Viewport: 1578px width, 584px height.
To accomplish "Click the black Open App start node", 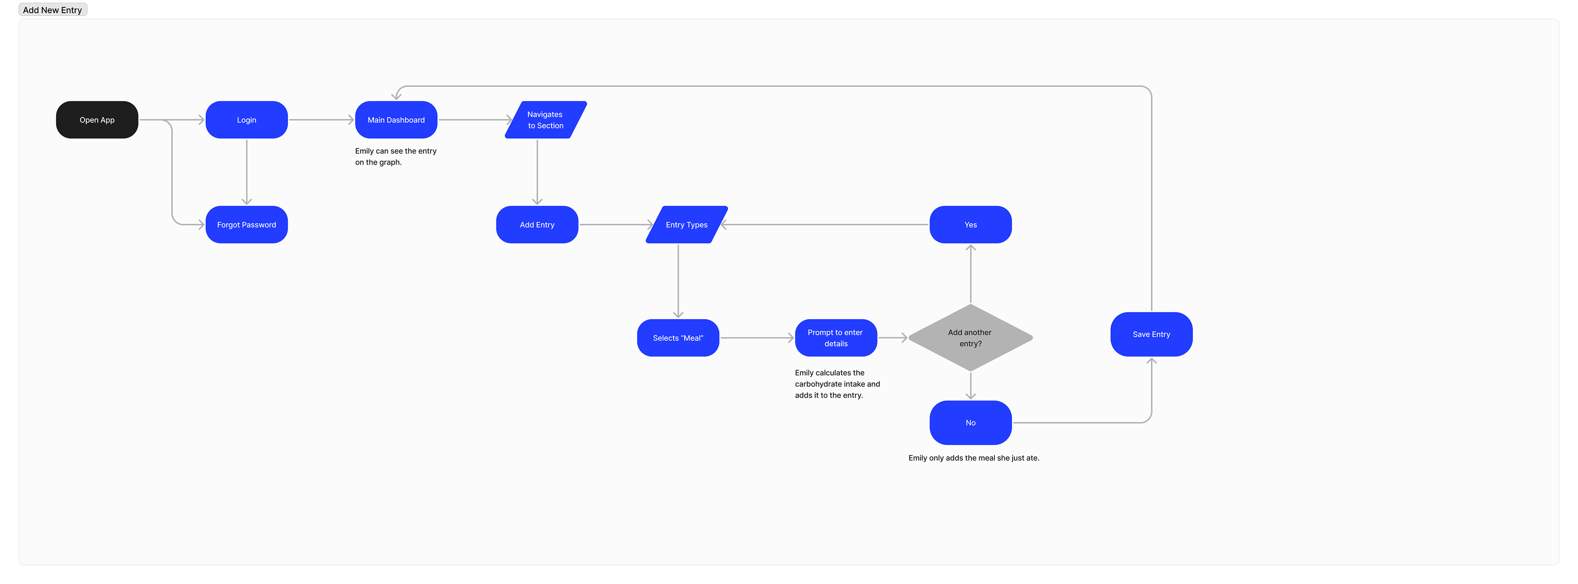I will (97, 120).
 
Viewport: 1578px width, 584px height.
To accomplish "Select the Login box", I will (246, 120).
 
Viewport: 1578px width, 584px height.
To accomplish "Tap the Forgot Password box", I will (246, 225).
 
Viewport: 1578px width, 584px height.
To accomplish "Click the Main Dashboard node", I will (396, 120).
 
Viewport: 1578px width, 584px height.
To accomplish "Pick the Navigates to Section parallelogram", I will (545, 120).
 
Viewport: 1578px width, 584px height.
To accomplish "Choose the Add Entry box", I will (537, 225).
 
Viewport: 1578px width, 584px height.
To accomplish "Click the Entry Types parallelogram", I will (686, 225).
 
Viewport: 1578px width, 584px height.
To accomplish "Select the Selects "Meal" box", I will (678, 338).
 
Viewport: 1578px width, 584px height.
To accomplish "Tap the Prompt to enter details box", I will (835, 338).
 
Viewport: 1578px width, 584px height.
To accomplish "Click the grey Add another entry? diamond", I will (970, 338).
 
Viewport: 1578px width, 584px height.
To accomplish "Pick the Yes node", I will (970, 225).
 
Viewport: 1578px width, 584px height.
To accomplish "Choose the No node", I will (970, 423).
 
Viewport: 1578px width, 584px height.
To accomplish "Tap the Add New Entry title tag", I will (53, 10).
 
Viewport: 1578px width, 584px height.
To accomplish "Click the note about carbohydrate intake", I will (837, 384).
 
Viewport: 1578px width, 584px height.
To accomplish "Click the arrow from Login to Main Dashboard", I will (321, 120).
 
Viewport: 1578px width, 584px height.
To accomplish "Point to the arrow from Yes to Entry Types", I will (827, 225).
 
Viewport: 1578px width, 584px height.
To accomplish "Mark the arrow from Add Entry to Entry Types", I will (614, 225).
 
